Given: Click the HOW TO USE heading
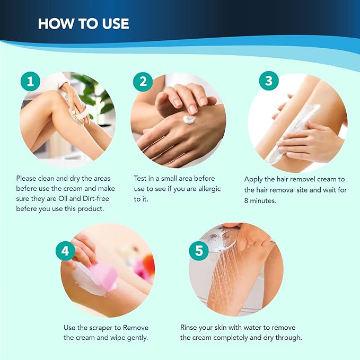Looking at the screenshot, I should [x=83, y=24].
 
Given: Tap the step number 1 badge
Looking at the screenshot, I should [x=31, y=81].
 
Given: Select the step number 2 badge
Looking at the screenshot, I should [x=143, y=81].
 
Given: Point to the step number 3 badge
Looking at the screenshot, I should [x=268, y=81].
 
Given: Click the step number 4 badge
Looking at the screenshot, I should [x=66, y=250].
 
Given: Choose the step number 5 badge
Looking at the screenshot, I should [x=199, y=250].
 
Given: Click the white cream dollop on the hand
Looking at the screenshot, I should [x=189, y=120].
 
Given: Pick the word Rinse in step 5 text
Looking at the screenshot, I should [x=190, y=328].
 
